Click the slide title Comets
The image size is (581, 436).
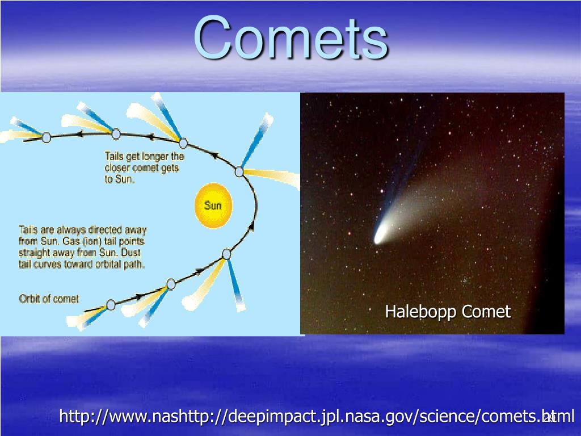(x=291, y=37)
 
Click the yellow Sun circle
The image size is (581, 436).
(x=213, y=206)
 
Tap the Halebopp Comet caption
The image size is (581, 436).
(x=448, y=312)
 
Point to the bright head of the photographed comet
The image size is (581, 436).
(x=380, y=236)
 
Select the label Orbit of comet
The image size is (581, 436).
(x=49, y=299)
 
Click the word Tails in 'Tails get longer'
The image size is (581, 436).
(x=114, y=156)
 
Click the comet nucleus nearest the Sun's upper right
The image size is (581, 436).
(x=239, y=171)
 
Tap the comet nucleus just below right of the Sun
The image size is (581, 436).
(x=226, y=254)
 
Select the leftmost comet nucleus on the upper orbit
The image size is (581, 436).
(x=46, y=137)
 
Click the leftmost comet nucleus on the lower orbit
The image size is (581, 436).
(x=111, y=305)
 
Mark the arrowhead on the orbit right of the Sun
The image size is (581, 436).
(x=252, y=226)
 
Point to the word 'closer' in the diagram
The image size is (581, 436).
(x=118, y=168)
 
